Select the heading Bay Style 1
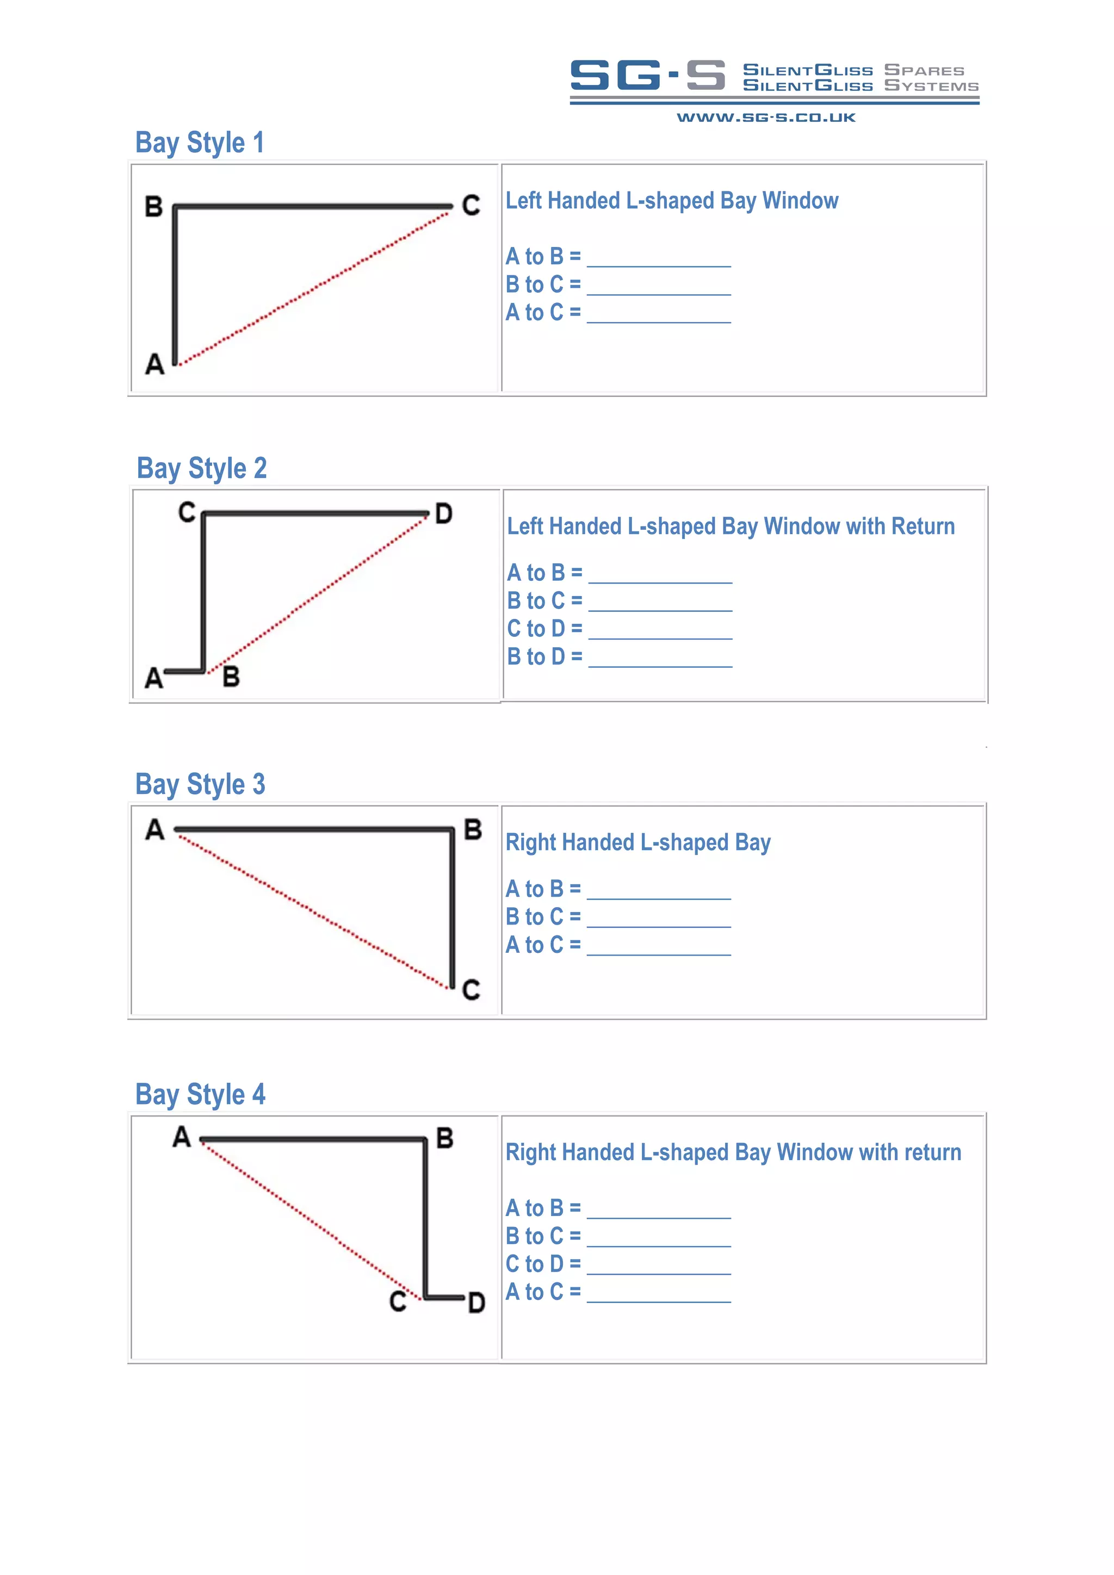pos(200,142)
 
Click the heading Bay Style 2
pos(202,468)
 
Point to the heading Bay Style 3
pos(200,784)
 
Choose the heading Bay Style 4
pos(200,1094)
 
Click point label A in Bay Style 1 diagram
pos(155,364)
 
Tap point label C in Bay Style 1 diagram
pos(471,205)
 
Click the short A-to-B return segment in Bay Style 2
pos(184,671)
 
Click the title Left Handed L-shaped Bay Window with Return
pos(731,526)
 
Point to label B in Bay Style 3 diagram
pos(473,829)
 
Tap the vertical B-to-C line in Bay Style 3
pos(452,909)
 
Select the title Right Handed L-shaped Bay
pos(638,842)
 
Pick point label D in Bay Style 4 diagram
pos(476,1303)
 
